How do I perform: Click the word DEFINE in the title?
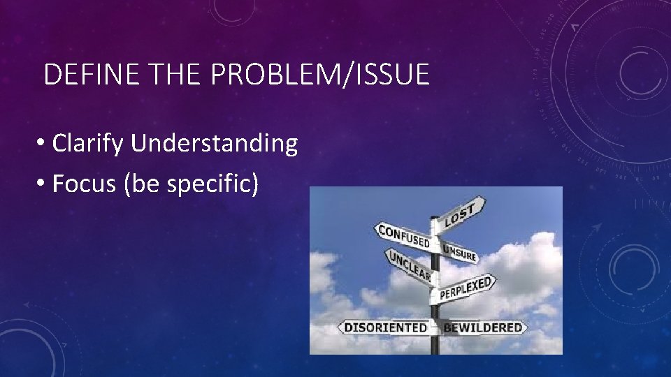point(78,74)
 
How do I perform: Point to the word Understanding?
point(214,144)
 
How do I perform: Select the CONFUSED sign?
point(404,235)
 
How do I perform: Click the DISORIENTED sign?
point(385,327)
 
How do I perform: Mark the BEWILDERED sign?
point(483,327)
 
